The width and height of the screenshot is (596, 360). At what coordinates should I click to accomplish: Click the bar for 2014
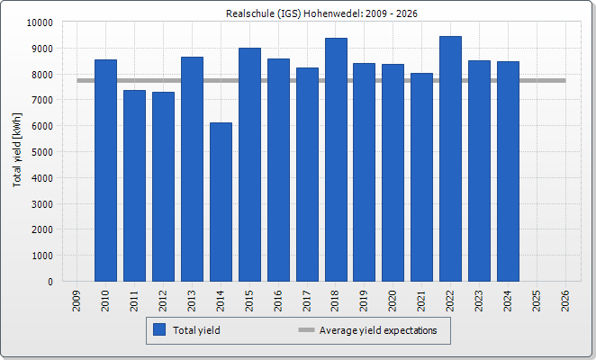pyautogui.click(x=221, y=202)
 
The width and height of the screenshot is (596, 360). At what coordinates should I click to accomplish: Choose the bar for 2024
pyautogui.click(x=508, y=171)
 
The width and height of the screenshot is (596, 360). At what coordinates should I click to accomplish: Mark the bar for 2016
pyautogui.click(x=278, y=170)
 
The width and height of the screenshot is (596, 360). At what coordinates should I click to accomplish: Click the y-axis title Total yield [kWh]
pyautogui.click(x=17, y=150)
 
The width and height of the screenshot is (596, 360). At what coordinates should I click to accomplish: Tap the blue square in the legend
pyautogui.click(x=160, y=330)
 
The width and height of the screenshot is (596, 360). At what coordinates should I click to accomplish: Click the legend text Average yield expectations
pyautogui.click(x=378, y=330)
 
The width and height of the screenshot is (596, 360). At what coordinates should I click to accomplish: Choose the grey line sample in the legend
pyautogui.click(x=306, y=330)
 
